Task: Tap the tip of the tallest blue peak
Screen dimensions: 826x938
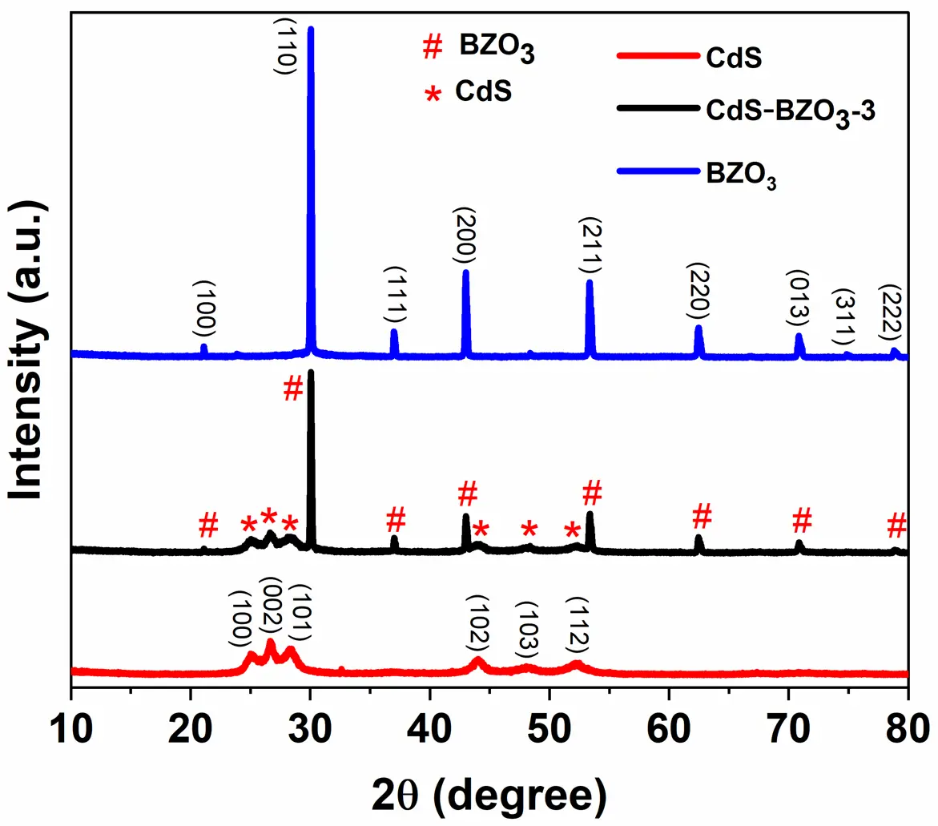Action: point(311,29)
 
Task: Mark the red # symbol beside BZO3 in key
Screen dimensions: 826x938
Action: point(432,49)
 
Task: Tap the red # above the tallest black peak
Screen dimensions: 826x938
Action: point(293,389)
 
